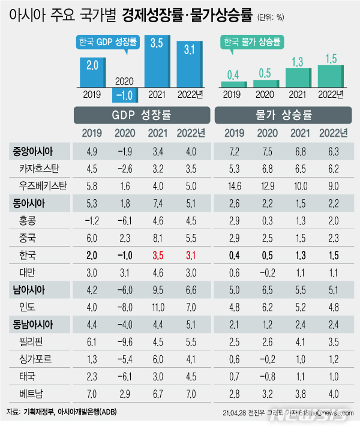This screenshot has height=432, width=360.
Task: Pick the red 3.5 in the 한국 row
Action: [x=158, y=256]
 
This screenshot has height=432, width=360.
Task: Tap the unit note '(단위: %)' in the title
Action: [x=265, y=17]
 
